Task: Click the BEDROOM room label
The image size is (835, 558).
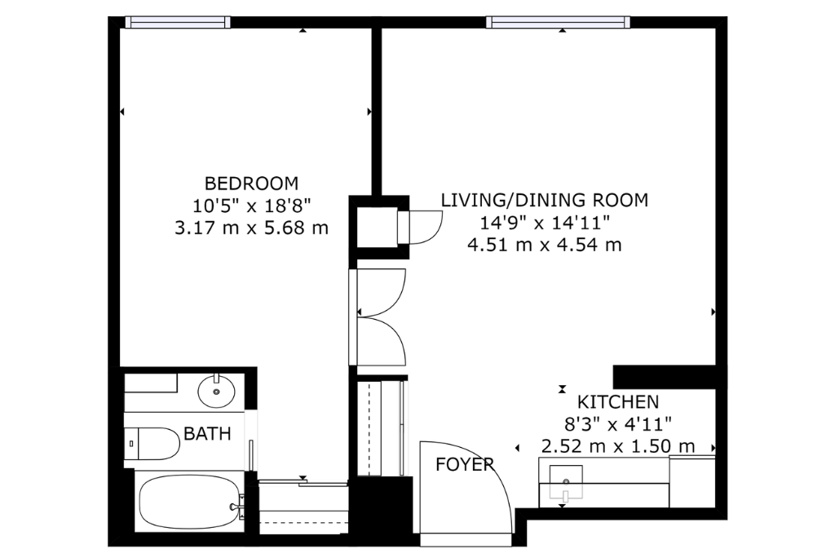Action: [x=251, y=184]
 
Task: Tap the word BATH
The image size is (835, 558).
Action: [x=207, y=434]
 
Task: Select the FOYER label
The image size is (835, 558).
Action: [x=464, y=465]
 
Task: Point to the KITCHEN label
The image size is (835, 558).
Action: [x=618, y=401]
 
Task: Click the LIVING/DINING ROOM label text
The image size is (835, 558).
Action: [x=544, y=200]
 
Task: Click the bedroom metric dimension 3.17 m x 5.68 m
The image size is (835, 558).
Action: [x=251, y=228]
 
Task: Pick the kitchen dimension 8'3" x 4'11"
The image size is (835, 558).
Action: [x=618, y=424]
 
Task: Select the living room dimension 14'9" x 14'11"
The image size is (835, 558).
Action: [x=544, y=222]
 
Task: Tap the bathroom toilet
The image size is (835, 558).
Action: [x=152, y=444]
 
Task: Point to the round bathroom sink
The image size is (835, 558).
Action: [x=216, y=392]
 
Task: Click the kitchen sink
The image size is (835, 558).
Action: [x=566, y=482]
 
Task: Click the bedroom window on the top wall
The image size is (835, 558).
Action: [x=178, y=22]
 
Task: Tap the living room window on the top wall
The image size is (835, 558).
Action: [x=558, y=22]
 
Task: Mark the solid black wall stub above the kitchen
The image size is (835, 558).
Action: [x=664, y=377]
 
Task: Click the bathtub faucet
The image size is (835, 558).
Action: [x=236, y=507]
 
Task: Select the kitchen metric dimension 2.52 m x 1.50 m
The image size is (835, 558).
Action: [x=618, y=446]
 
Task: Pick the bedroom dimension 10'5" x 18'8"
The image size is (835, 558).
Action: [x=251, y=206]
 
